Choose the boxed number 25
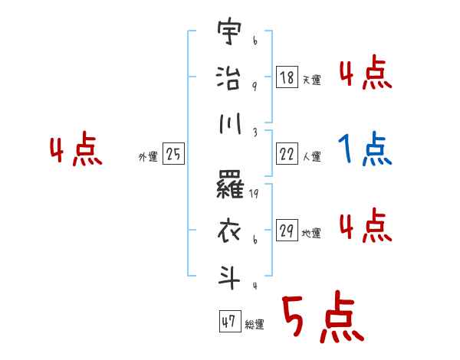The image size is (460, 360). (x=173, y=155)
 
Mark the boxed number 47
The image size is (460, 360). (x=229, y=322)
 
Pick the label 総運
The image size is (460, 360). (x=255, y=324)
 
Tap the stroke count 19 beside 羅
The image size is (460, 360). (x=255, y=195)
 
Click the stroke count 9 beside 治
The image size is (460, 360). (x=254, y=86)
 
